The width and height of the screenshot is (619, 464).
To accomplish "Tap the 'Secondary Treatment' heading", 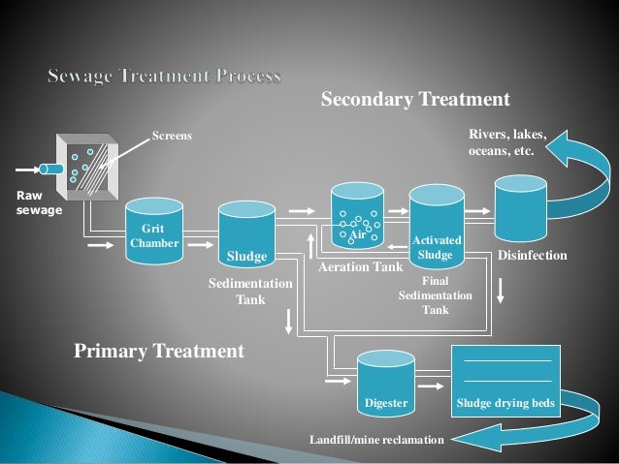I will point(415,100).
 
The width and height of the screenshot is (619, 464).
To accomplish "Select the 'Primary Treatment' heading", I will point(160,350).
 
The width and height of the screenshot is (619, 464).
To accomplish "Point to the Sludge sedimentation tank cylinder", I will point(245,232).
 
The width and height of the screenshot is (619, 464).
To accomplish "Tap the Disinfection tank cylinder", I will point(524,218).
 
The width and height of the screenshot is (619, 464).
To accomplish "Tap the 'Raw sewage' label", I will point(28,201).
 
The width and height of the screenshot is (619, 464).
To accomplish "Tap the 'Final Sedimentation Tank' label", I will point(436,294).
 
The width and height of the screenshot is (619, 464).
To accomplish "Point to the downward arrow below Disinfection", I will point(501,289).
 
